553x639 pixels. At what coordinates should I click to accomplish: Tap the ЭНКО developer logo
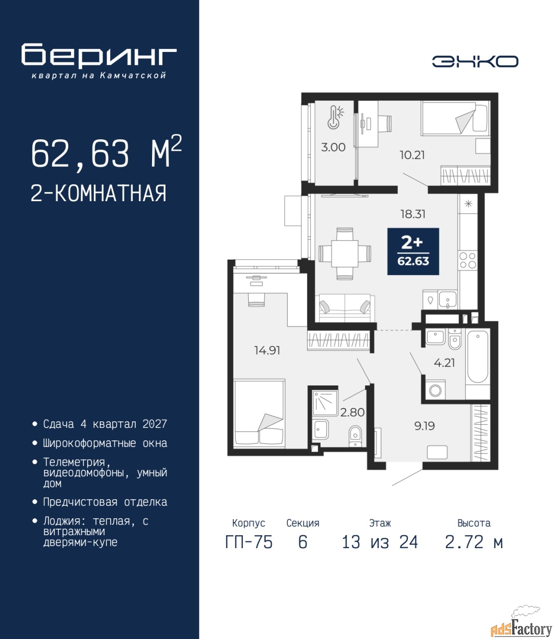pos(475,61)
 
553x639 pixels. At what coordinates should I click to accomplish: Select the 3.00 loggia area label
pos(333,147)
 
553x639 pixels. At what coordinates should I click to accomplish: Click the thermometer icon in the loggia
pos(336,117)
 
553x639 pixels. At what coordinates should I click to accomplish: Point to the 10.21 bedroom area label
pos(412,155)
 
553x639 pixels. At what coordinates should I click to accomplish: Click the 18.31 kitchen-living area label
pos(413,214)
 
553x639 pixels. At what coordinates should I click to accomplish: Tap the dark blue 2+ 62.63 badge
pos(413,251)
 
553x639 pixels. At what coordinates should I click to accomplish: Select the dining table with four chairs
pos(345,254)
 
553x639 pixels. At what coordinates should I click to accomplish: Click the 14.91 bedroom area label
pos(267,350)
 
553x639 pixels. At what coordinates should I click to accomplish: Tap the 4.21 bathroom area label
pos(444,362)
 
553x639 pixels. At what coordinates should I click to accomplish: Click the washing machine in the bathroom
pos(435,390)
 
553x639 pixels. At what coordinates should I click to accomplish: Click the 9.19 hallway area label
pos(424,426)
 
